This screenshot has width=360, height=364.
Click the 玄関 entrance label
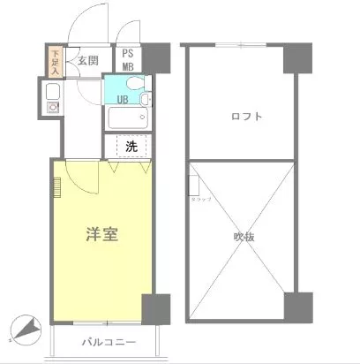click(86, 60)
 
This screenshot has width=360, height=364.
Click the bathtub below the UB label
click(127, 118)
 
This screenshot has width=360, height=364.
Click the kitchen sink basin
click(51, 91)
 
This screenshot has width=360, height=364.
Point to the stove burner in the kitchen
click(51, 108)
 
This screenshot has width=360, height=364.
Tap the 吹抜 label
click(244, 236)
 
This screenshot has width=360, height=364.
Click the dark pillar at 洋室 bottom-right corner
click(154, 307)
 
